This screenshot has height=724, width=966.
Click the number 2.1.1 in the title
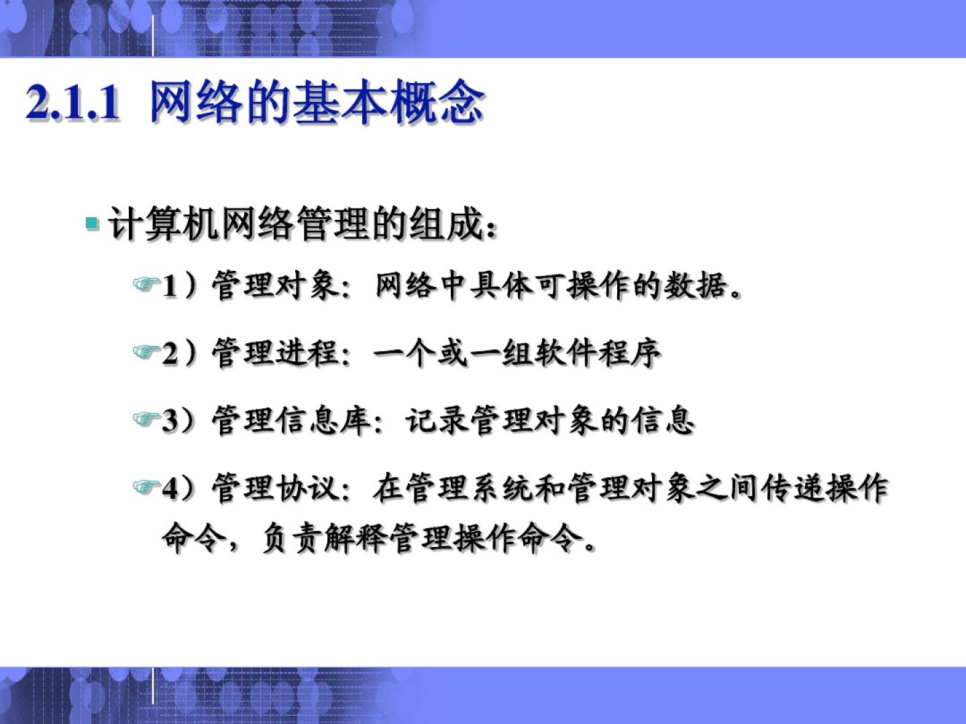pos(72,103)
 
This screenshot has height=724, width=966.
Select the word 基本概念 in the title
pos(388,103)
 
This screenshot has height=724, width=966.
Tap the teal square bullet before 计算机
pos(92,223)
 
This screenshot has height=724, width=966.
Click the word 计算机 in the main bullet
pos(164,223)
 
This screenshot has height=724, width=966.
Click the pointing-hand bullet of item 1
pos(146,284)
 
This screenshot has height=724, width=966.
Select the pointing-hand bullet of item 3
pos(146,419)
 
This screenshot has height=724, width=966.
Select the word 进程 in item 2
pos(307,353)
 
